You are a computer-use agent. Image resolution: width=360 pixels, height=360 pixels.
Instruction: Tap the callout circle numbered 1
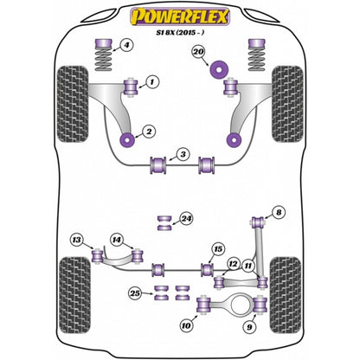point(152,82)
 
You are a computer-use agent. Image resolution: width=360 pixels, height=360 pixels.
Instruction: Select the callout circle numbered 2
point(150,132)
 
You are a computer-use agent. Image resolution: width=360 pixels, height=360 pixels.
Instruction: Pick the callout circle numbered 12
point(233,263)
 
